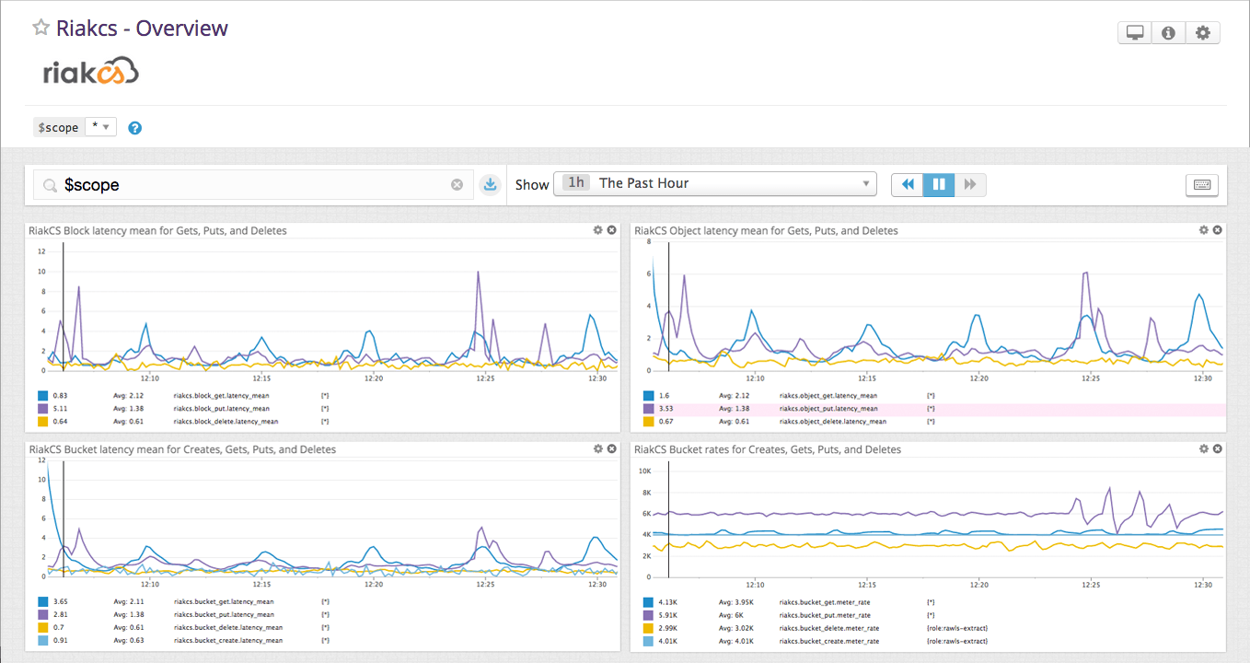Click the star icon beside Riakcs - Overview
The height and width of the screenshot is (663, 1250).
coord(41,28)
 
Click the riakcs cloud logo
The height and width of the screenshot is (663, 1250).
coord(90,71)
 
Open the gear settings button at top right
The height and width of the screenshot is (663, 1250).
coord(1202,33)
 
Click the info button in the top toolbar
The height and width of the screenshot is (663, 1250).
coord(1168,33)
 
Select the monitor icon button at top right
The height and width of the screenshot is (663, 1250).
coord(1135,33)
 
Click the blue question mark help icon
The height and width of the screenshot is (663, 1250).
coord(134,128)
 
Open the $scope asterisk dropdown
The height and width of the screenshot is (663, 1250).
coord(100,127)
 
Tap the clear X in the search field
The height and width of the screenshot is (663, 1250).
coord(457,185)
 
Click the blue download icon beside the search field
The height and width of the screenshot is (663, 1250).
coord(491,185)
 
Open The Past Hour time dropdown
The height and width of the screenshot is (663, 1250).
coord(714,183)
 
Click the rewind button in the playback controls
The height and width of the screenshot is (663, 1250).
coord(908,184)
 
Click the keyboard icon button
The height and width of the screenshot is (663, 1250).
coord(1201,185)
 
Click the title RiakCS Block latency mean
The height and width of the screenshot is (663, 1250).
coord(157,231)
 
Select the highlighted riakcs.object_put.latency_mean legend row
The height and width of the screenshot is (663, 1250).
coord(828,409)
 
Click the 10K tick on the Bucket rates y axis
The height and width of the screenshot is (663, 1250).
coord(646,471)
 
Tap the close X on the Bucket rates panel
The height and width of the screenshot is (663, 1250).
coord(1218,448)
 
